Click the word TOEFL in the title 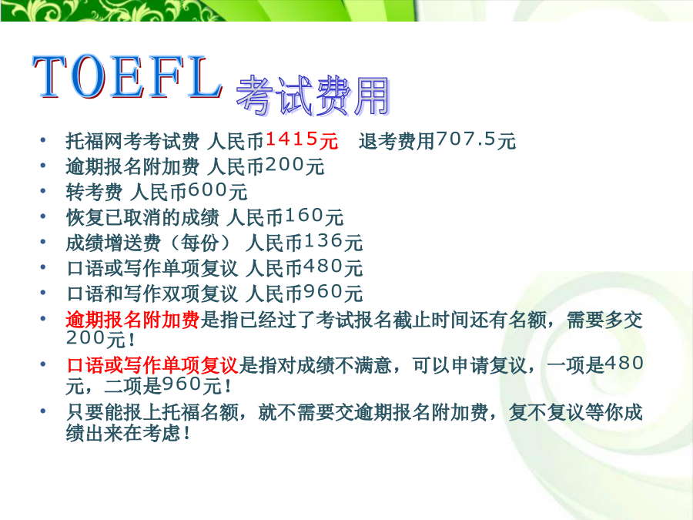[127, 77]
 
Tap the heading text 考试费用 [313, 96]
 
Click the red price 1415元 [301, 140]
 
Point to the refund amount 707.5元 [476, 140]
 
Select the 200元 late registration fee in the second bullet [295, 166]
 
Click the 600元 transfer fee [217, 191]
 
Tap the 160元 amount [314, 216]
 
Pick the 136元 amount [333, 242]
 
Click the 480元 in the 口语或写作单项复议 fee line [333, 267]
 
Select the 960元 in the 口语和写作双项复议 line [333, 293]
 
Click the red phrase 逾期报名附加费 [132, 319]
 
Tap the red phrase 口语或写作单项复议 [152, 365]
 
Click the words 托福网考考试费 [132, 141]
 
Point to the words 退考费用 [397, 141]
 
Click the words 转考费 [94, 192]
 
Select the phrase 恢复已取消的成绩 [142, 217]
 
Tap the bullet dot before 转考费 [43, 191]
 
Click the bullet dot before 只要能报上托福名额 [43, 411]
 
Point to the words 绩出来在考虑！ [128, 433]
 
